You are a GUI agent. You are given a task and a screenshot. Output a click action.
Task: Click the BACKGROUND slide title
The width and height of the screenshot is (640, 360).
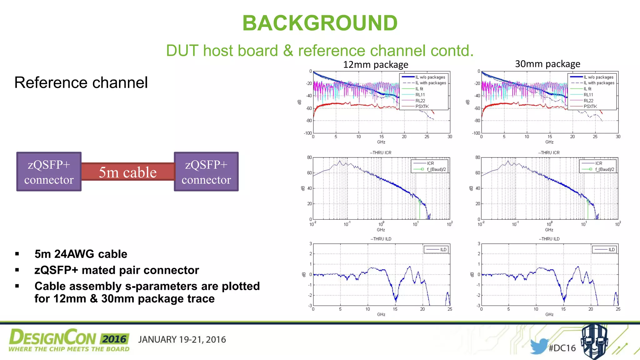[x=320, y=23]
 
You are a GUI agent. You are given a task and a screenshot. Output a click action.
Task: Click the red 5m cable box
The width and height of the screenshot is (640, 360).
[x=127, y=172]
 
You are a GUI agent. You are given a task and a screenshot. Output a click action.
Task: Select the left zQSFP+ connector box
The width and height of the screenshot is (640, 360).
[x=49, y=172]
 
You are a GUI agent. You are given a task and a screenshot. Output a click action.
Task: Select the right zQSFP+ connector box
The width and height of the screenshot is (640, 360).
[x=206, y=172]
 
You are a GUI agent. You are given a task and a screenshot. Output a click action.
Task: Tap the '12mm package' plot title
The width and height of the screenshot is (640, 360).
[x=375, y=65]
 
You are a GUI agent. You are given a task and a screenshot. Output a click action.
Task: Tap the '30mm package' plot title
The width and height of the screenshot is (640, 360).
[x=547, y=64]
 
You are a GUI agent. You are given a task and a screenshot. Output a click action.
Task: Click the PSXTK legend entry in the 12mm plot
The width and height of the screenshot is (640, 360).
[x=422, y=107]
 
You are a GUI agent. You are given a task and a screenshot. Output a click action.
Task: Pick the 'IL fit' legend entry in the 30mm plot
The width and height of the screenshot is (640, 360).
[x=587, y=89]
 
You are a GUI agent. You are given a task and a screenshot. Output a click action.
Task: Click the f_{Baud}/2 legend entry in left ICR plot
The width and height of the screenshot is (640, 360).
[x=436, y=169]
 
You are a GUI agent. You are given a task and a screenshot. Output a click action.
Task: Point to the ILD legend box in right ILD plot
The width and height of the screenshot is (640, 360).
[x=604, y=249]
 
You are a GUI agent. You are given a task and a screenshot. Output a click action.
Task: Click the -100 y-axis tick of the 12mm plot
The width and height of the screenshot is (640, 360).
[x=308, y=133]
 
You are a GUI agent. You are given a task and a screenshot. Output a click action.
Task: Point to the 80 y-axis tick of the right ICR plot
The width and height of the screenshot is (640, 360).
[x=477, y=157]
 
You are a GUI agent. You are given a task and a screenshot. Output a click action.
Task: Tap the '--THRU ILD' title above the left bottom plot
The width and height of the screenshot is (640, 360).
[x=381, y=239]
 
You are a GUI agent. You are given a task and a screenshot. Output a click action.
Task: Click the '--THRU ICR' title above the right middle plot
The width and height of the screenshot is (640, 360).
[x=549, y=152]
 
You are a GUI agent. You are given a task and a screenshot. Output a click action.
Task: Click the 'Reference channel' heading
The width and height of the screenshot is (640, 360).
[x=81, y=83]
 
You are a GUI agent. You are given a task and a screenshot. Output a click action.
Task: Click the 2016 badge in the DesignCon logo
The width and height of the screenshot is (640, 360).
[x=114, y=339]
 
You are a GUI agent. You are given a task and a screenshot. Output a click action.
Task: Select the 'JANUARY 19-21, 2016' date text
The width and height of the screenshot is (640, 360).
[x=182, y=340]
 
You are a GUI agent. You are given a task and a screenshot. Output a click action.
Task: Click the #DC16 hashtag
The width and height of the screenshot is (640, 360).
[x=562, y=348]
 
